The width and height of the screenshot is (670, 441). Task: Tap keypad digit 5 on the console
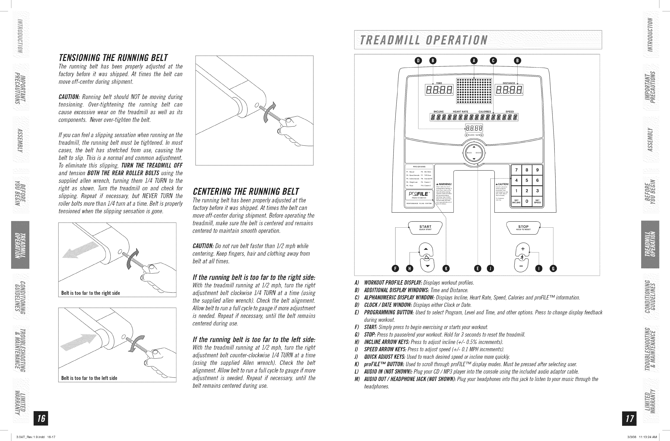click(x=527, y=180)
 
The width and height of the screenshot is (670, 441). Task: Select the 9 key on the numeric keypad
click(x=537, y=170)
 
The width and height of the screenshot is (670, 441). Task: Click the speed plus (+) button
click(x=523, y=249)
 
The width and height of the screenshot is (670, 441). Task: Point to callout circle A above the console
click(x=474, y=61)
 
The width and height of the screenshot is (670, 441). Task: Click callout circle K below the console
click(x=446, y=269)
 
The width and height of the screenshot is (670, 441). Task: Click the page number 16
click(x=41, y=418)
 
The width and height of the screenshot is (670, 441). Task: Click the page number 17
click(x=630, y=418)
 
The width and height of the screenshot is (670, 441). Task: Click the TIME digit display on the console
click(x=439, y=90)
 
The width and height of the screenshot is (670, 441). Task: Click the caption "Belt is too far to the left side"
click(x=89, y=378)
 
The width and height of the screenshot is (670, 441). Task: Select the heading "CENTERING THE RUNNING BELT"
click(x=246, y=191)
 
